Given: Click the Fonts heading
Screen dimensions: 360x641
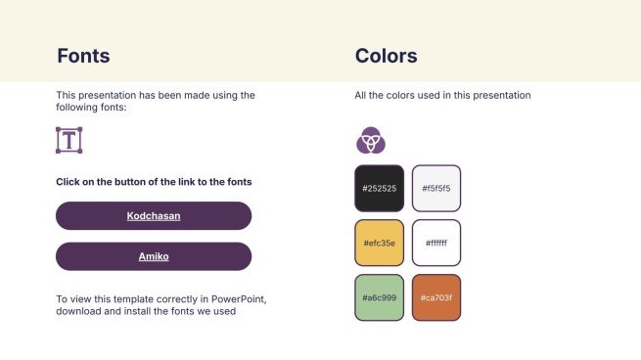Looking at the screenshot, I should [x=83, y=56].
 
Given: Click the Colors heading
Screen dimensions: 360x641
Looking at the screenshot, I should [x=386, y=56].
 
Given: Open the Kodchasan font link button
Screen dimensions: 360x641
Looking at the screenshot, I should [x=154, y=215].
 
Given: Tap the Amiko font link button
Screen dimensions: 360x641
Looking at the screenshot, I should [x=154, y=256].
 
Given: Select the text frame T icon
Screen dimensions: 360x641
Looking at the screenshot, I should [x=69, y=140].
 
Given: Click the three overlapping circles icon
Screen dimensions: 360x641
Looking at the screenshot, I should [x=370, y=141].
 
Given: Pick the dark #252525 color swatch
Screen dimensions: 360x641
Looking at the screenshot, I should [x=379, y=188].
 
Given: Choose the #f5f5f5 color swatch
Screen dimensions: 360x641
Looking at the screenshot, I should [x=435, y=188].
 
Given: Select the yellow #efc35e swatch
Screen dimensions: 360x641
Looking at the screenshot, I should [x=379, y=243].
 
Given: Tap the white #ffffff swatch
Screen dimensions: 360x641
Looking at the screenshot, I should [x=435, y=243].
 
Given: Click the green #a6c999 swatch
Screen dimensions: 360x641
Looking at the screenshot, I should [x=379, y=297].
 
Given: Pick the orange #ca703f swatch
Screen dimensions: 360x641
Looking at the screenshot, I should [x=435, y=297].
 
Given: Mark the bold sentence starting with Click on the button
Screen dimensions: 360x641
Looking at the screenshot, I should [x=154, y=182].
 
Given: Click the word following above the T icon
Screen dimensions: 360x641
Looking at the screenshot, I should [x=77, y=108].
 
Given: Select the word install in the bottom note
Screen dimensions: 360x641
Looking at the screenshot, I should [x=142, y=312].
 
